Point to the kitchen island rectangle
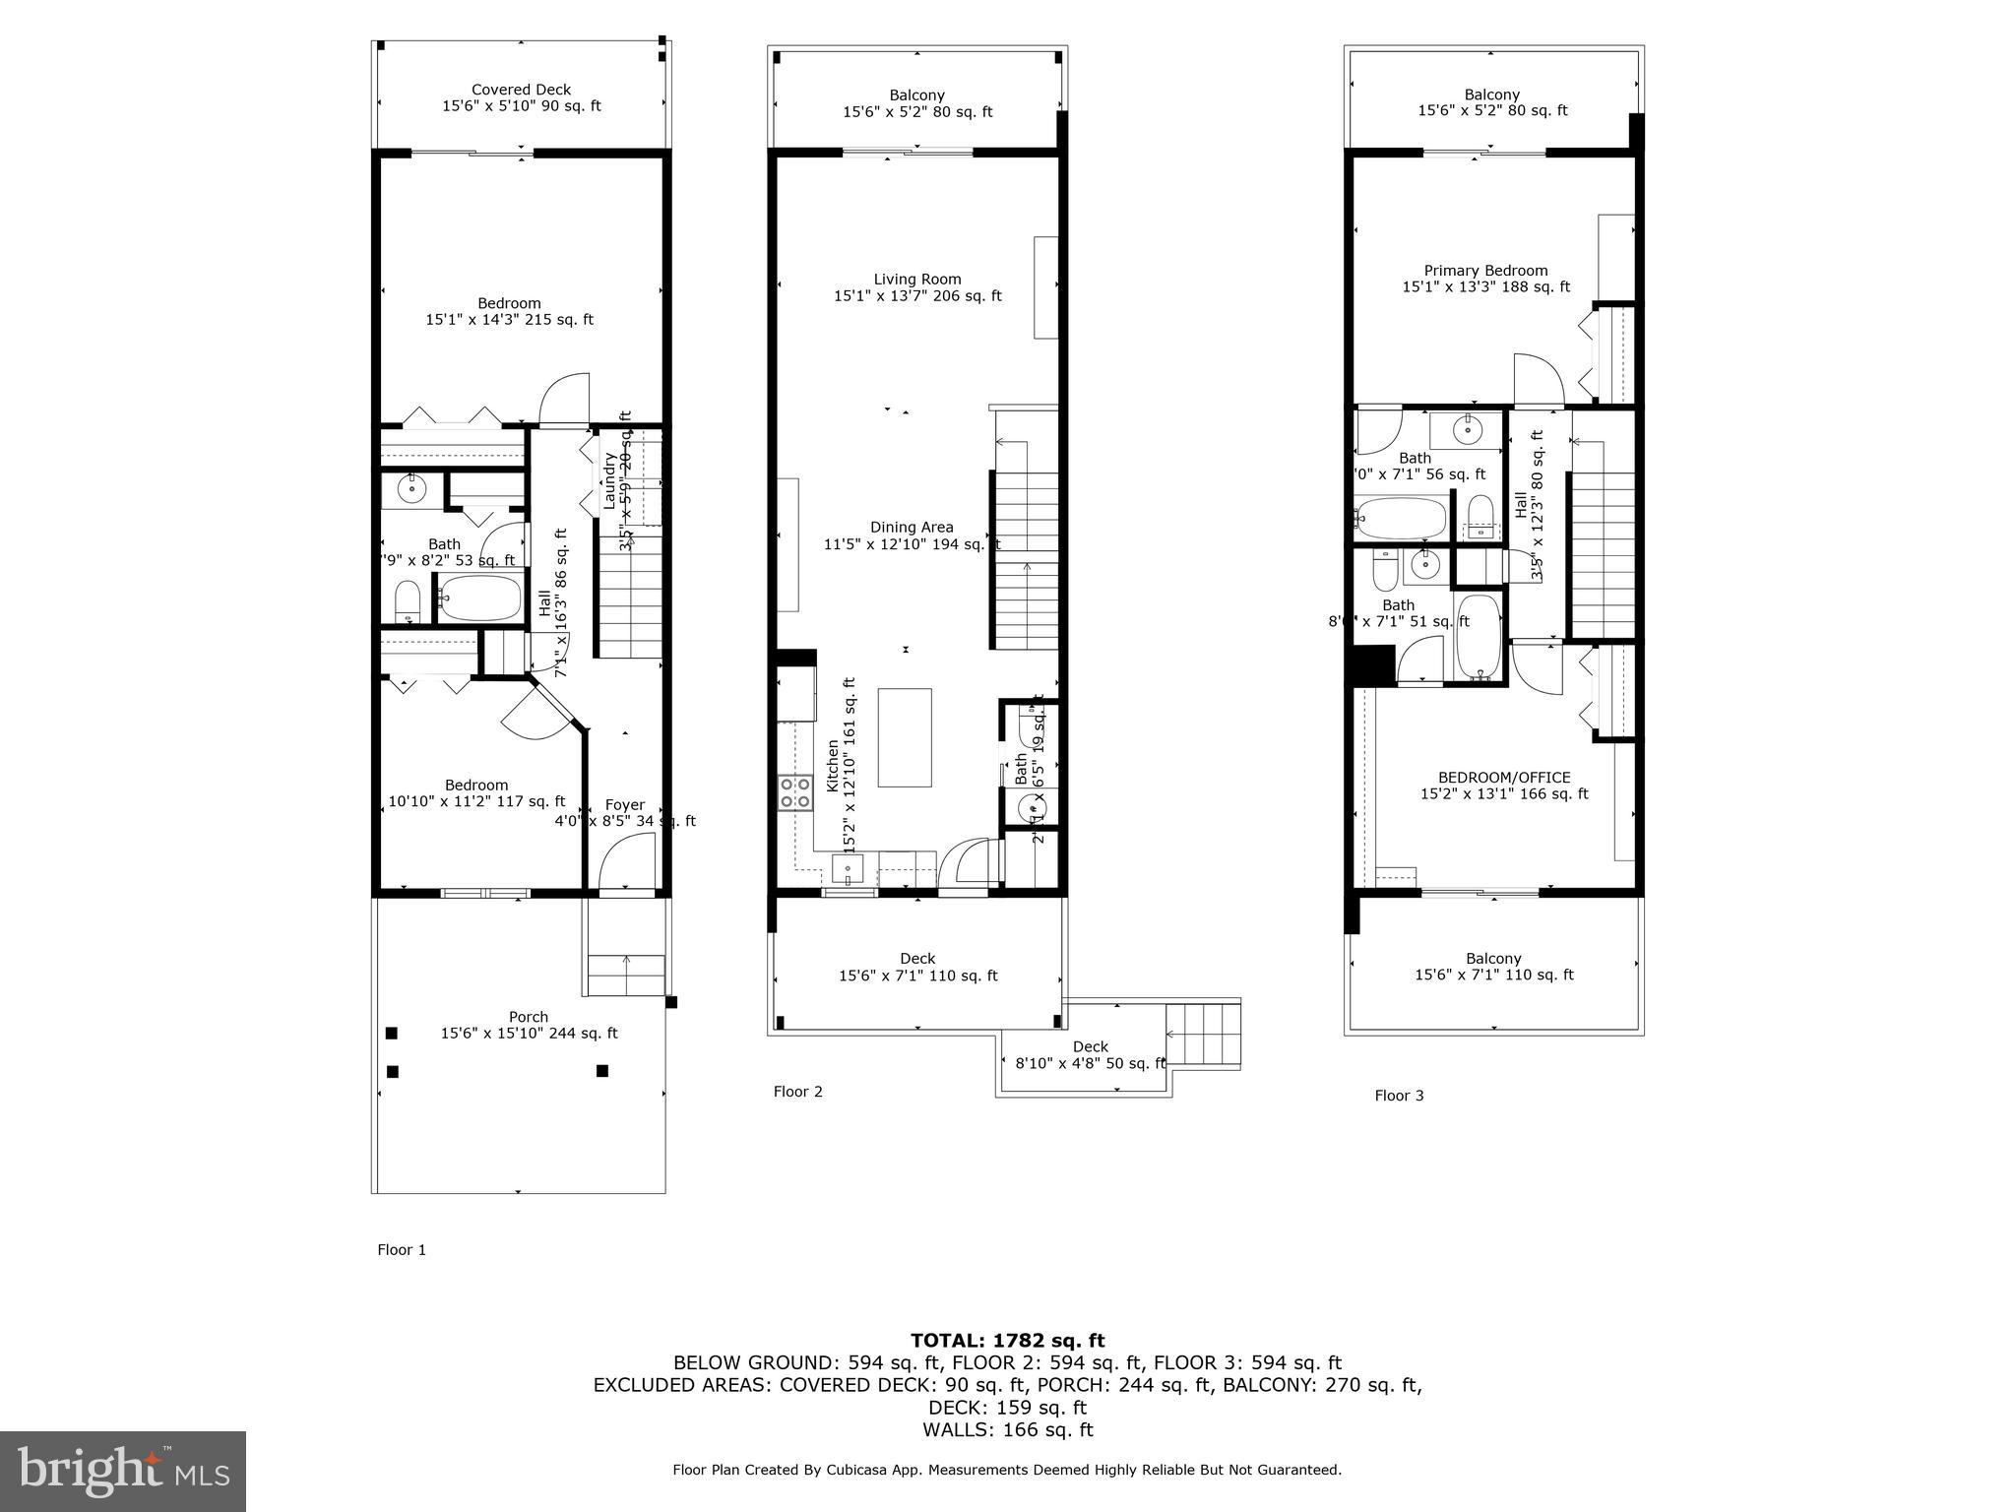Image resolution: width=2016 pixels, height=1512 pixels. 905,737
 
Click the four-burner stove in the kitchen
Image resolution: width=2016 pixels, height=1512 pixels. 795,793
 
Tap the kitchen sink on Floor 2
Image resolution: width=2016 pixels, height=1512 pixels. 848,869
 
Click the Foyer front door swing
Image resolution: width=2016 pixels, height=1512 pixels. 628,860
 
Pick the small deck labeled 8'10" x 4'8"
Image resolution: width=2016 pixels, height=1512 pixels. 1090,1054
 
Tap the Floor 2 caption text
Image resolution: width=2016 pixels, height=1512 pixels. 797,1092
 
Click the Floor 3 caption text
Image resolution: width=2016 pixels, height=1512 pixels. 1399,1096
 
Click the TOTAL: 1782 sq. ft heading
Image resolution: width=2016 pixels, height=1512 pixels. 1007,1341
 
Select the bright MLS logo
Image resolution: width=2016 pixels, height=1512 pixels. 123,1472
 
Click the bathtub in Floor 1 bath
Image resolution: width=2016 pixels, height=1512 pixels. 480,597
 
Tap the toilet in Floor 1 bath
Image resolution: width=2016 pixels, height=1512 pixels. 408,602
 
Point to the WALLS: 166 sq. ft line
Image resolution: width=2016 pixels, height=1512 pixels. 1007,1430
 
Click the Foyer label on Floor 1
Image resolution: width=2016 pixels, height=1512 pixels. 625,805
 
